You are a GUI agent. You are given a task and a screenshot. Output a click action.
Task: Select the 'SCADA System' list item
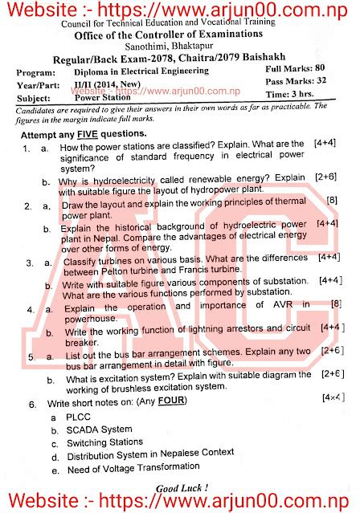tap(99, 430)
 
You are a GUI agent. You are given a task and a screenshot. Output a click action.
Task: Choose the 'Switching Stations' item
tap(104, 442)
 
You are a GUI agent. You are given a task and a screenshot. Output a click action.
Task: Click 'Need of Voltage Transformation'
tap(133, 468)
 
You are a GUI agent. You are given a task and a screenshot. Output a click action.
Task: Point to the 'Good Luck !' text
tap(182, 487)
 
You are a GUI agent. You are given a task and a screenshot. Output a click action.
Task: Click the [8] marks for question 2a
tap(331, 199)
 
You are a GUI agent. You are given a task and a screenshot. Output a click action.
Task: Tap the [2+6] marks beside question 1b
tap(325, 176)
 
